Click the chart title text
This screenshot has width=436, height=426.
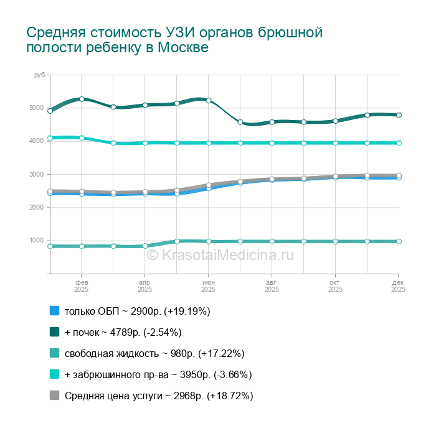[x=174, y=40]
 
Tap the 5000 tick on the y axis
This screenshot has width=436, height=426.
[x=37, y=108]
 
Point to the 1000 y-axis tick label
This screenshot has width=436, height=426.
[x=37, y=240]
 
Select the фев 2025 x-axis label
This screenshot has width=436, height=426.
[x=82, y=286]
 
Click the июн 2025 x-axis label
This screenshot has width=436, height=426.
[x=209, y=286]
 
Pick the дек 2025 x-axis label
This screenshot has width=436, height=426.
[x=398, y=286]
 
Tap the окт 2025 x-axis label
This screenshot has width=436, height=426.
[x=335, y=286]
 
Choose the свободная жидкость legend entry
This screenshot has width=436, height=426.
[x=154, y=353]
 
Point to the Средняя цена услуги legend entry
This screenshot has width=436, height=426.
[x=159, y=396]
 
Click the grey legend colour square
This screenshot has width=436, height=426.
[x=54, y=396]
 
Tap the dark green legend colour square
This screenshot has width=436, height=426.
[x=54, y=332]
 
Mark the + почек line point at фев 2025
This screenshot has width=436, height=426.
[x=82, y=99]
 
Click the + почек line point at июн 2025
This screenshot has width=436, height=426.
[x=209, y=100]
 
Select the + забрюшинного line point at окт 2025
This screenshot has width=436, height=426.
[x=335, y=142]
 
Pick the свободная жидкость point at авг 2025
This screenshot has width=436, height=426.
[x=272, y=241]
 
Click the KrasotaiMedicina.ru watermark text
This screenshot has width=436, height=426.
[x=219, y=254]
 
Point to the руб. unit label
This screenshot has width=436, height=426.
[x=41, y=75]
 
